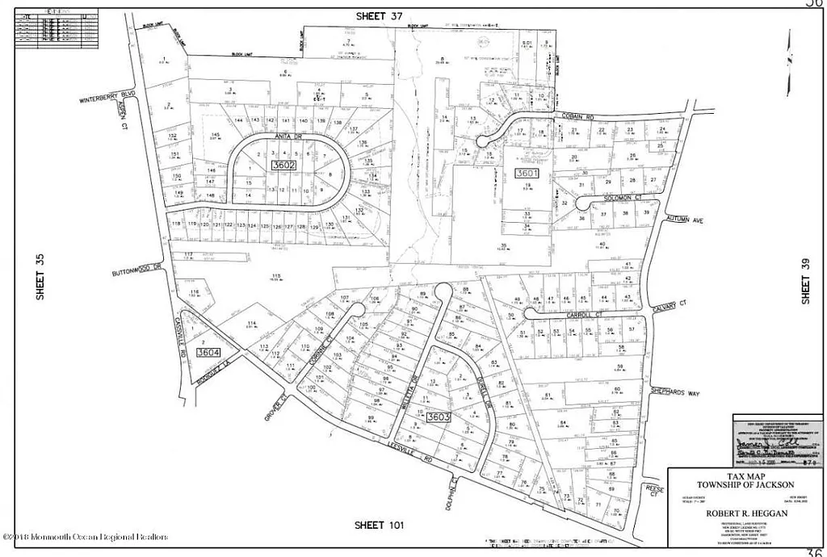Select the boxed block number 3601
(527, 173)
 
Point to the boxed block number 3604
(208, 352)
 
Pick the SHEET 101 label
(380, 526)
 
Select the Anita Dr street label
(288, 137)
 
